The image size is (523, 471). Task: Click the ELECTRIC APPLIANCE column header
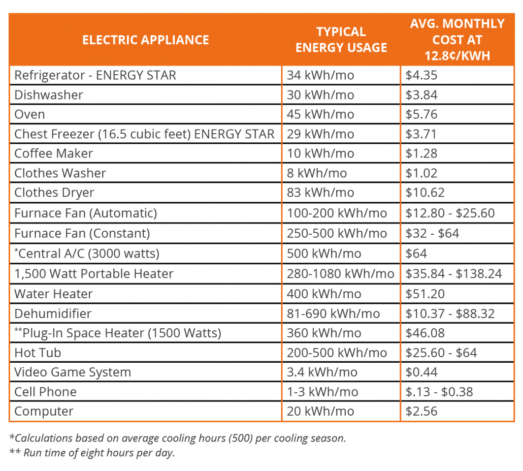coord(146,40)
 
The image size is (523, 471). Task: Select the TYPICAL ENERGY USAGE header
coord(341,40)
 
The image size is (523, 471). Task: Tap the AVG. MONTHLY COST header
coord(457,40)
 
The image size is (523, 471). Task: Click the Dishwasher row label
coord(49,95)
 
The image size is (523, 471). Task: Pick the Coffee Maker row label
coord(54,153)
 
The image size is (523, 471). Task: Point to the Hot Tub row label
coord(38,353)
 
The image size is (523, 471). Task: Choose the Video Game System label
coord(73,372)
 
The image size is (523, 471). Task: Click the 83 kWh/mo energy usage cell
coord(320,193)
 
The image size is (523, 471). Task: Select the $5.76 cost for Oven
coord(421,114)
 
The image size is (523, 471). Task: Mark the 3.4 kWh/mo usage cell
coord(322,372)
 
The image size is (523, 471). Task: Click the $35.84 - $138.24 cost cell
coord(453,274)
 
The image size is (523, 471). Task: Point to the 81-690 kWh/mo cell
coord(333,313)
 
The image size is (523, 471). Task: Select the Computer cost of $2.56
coord(421,412)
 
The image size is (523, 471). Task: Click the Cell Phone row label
coord(46,392)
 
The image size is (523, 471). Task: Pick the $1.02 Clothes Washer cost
coord(421,173)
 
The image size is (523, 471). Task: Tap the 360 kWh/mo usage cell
coord(324,333)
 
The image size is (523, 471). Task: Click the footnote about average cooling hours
coord(178,438)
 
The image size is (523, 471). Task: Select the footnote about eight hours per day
coord(92,453)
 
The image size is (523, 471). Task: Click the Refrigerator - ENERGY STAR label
coord(95,76)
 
